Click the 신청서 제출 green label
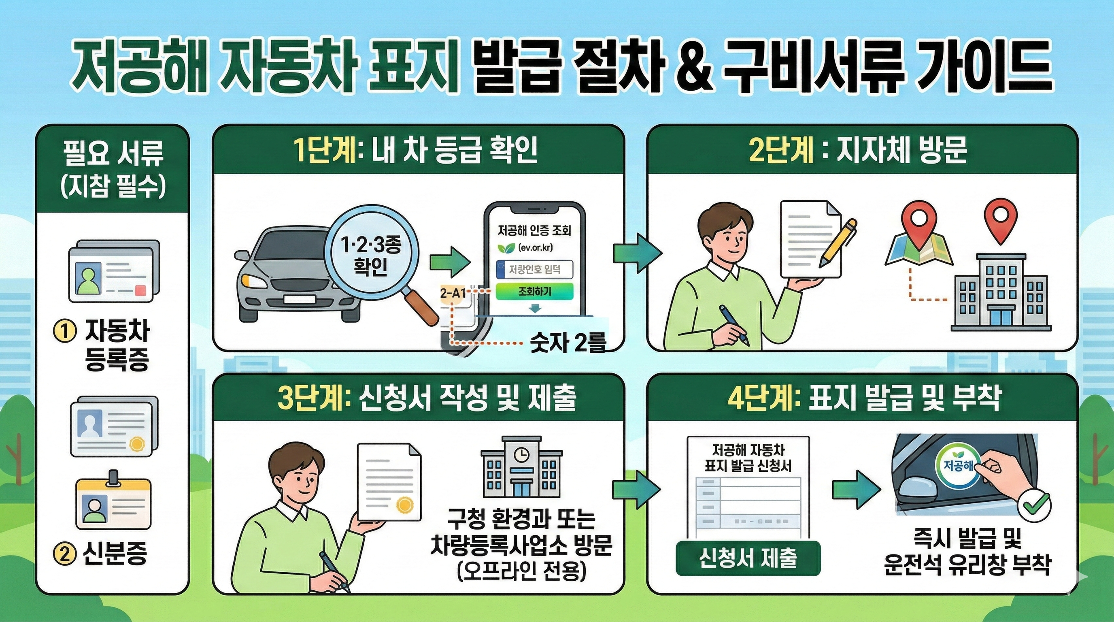(x=748, y=558)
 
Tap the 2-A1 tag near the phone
(x=453, y=293)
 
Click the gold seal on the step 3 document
(x=405, y=505)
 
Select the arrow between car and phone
(x=450, y=262)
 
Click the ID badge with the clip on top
(x=114, y=502)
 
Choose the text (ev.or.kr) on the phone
(x=535, y=248)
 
